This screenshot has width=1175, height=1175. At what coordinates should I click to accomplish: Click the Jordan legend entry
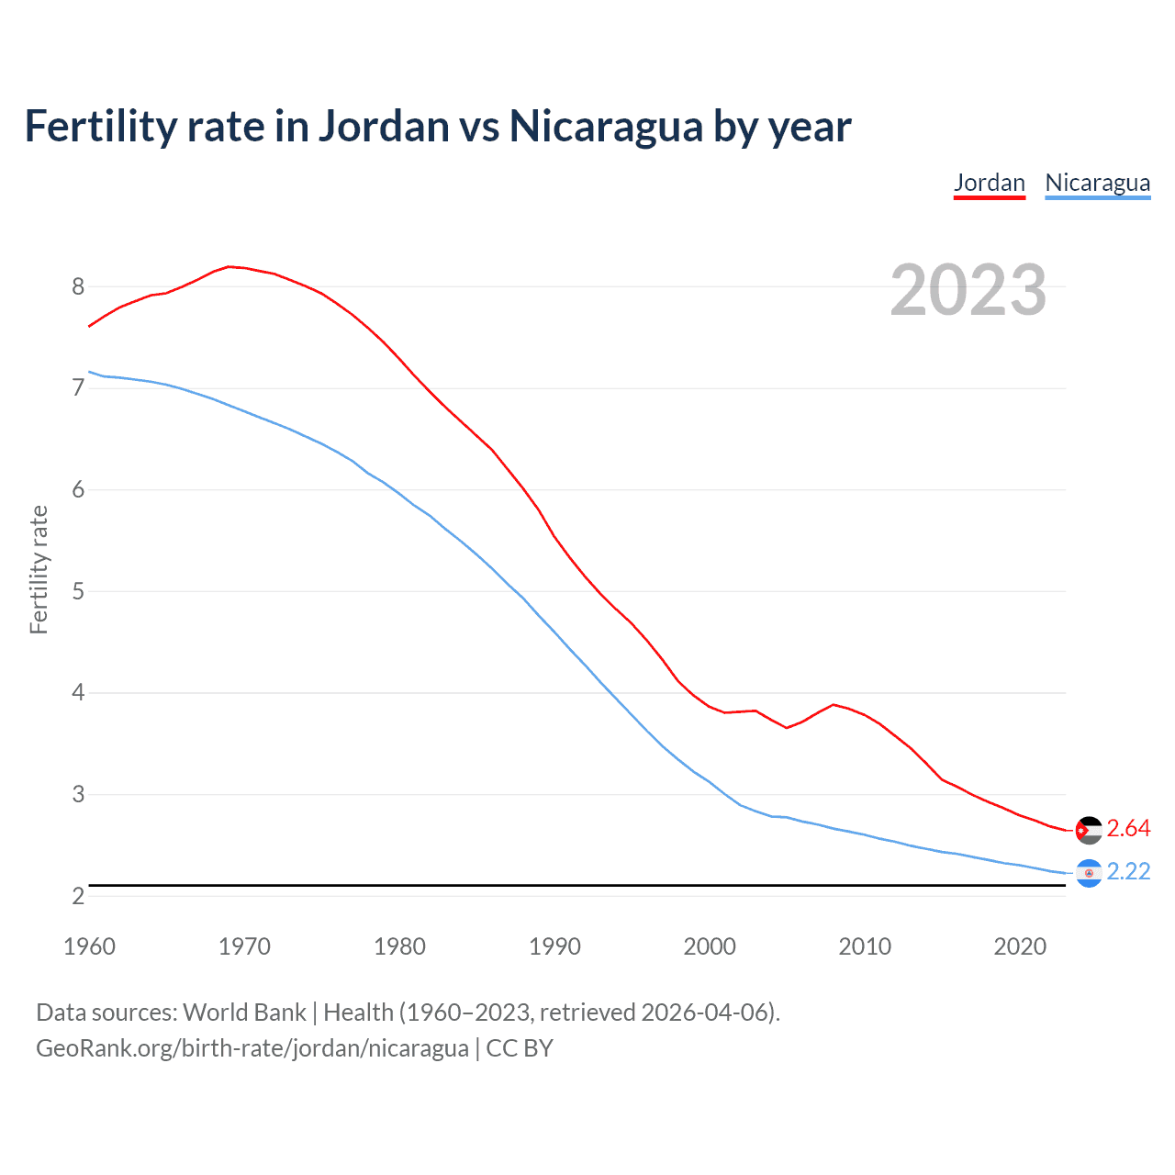click(x=989, y=183)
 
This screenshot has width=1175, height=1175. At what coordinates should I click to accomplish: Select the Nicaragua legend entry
click(x=1097, y=183)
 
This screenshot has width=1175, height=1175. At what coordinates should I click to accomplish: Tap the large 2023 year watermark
click(x=968, y=290)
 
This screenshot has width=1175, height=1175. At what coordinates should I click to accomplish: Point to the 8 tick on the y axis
click(x=78, y=286)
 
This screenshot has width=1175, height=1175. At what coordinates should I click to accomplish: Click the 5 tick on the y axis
click(x=78, y=591)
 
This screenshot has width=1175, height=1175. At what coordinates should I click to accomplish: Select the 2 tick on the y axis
click(x=78, y=896)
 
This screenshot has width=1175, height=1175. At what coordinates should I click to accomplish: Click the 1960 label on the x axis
click(x=89, y=946)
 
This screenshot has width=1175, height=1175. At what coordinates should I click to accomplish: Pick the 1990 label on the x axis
click(x=554, y=946)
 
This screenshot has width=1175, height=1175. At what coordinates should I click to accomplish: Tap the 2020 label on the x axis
click(x=1020, y=946)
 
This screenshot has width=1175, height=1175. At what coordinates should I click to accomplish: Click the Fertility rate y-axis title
click(x=39, y=569)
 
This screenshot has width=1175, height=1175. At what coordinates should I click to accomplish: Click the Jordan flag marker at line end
click(x=1088, y=830)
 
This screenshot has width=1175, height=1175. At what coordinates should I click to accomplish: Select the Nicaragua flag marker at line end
click(x=1088, y=873)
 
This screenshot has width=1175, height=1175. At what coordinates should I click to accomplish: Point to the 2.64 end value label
click(x=1128, y=829)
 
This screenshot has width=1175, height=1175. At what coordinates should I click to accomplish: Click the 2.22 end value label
click(x=1128, y=872)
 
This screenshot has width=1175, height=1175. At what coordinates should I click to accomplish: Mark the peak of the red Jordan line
click(x=229, y=266)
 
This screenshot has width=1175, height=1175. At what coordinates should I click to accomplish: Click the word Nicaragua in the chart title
click(x=605, y=127)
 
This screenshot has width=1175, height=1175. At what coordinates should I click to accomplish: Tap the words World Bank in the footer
click(x=244, y=1013)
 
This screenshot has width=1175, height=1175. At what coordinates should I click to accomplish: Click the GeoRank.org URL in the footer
click(x=252, y=1048)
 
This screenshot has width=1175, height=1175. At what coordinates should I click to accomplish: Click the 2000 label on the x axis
click(x=710, y=946)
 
